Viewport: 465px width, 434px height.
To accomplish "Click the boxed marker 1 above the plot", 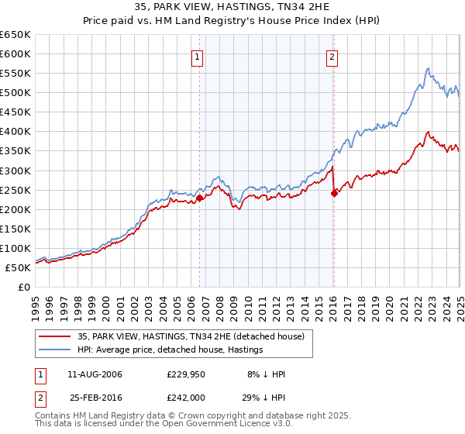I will click(198, 57).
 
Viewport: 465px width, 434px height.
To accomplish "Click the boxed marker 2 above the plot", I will click(332, 57).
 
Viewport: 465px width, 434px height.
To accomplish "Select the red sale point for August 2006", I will click(199, 198).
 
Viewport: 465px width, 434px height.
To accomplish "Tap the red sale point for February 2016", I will click(334, 194).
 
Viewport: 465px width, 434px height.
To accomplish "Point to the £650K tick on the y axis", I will click(15, 35).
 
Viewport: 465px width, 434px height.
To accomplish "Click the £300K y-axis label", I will click(15, 170).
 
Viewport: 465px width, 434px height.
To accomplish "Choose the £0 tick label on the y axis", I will click(24, 287).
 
